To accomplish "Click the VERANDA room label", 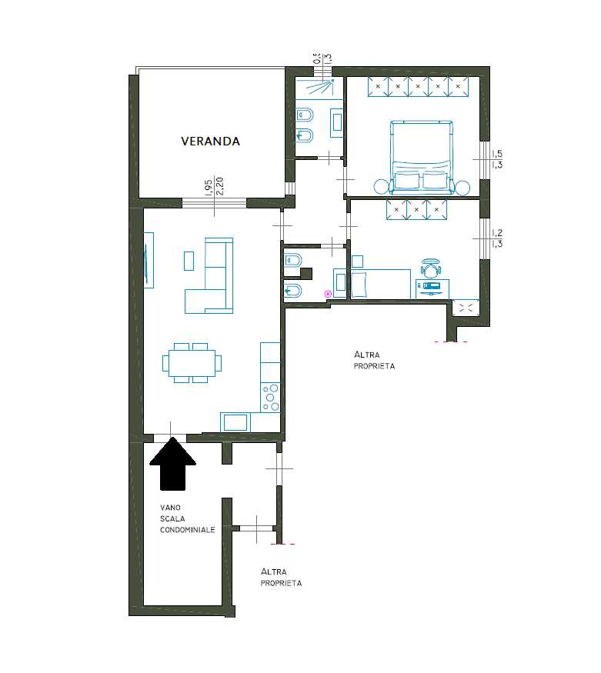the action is coord(210,142).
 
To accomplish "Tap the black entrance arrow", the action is coord(172,464).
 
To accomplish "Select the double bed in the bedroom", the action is coord(422,157).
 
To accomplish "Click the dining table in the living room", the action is coord(192,363).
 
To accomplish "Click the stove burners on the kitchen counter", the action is coord(270,397).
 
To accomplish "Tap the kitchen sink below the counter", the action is coord(235,422).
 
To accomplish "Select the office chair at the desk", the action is coord(431,268).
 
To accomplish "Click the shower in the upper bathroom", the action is coord(319,88).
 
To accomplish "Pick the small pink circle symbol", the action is coord(329,294).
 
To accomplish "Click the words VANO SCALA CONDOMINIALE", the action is coord(187,518).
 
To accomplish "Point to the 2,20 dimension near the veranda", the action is coord(220,186).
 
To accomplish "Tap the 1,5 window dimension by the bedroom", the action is coord(497,153).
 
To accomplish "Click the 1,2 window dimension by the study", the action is coord(497,233).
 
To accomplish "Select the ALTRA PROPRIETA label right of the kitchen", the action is coord(374,361).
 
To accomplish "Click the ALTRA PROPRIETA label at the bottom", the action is coord(281,578).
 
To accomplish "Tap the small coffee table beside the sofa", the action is coord(189,261).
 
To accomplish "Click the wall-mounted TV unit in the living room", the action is coord(149,260).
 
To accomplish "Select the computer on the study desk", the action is coord(431,287).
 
